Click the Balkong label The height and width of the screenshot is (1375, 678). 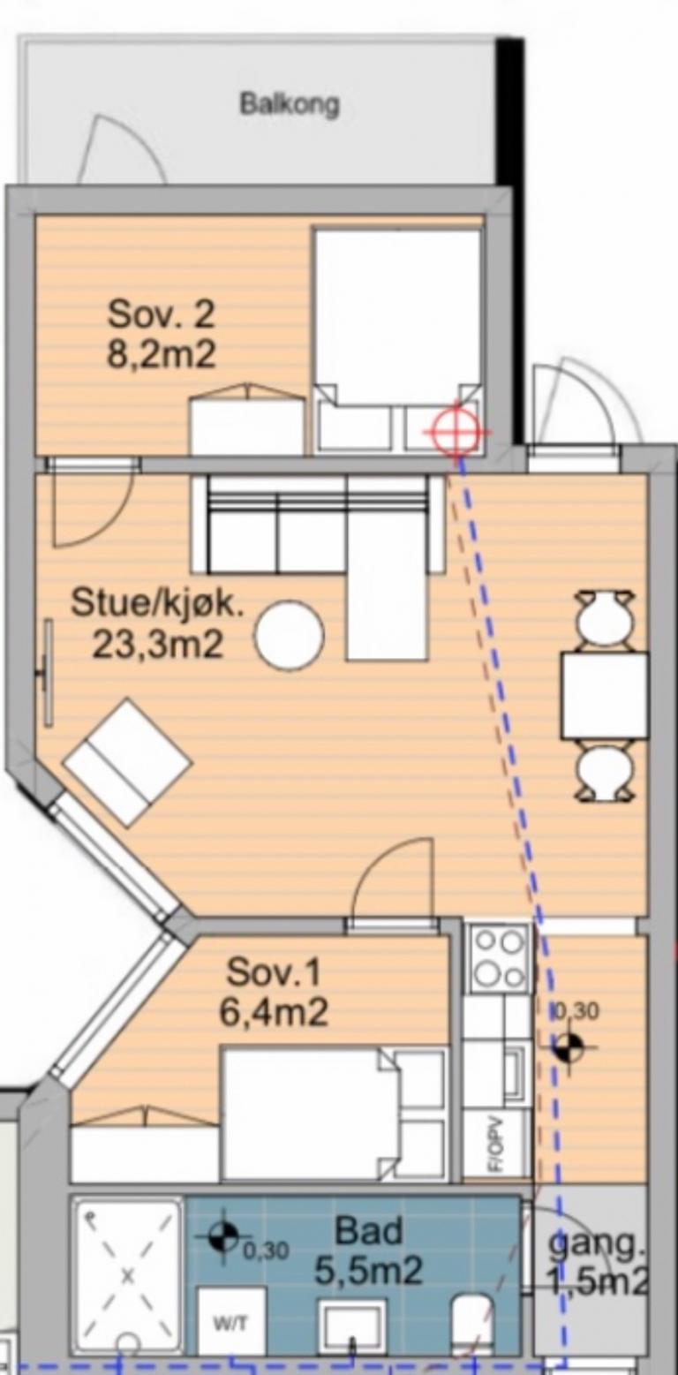289,104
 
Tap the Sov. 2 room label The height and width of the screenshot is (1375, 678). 162,315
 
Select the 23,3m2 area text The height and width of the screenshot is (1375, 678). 158,645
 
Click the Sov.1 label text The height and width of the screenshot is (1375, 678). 273,971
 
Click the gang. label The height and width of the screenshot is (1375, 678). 597,1244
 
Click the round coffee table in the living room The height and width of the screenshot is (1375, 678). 289,635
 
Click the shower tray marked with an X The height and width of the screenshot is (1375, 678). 128,1271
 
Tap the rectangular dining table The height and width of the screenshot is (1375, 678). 605,696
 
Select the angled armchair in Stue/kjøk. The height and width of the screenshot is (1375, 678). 128,762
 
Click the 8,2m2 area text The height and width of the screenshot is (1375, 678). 162,354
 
